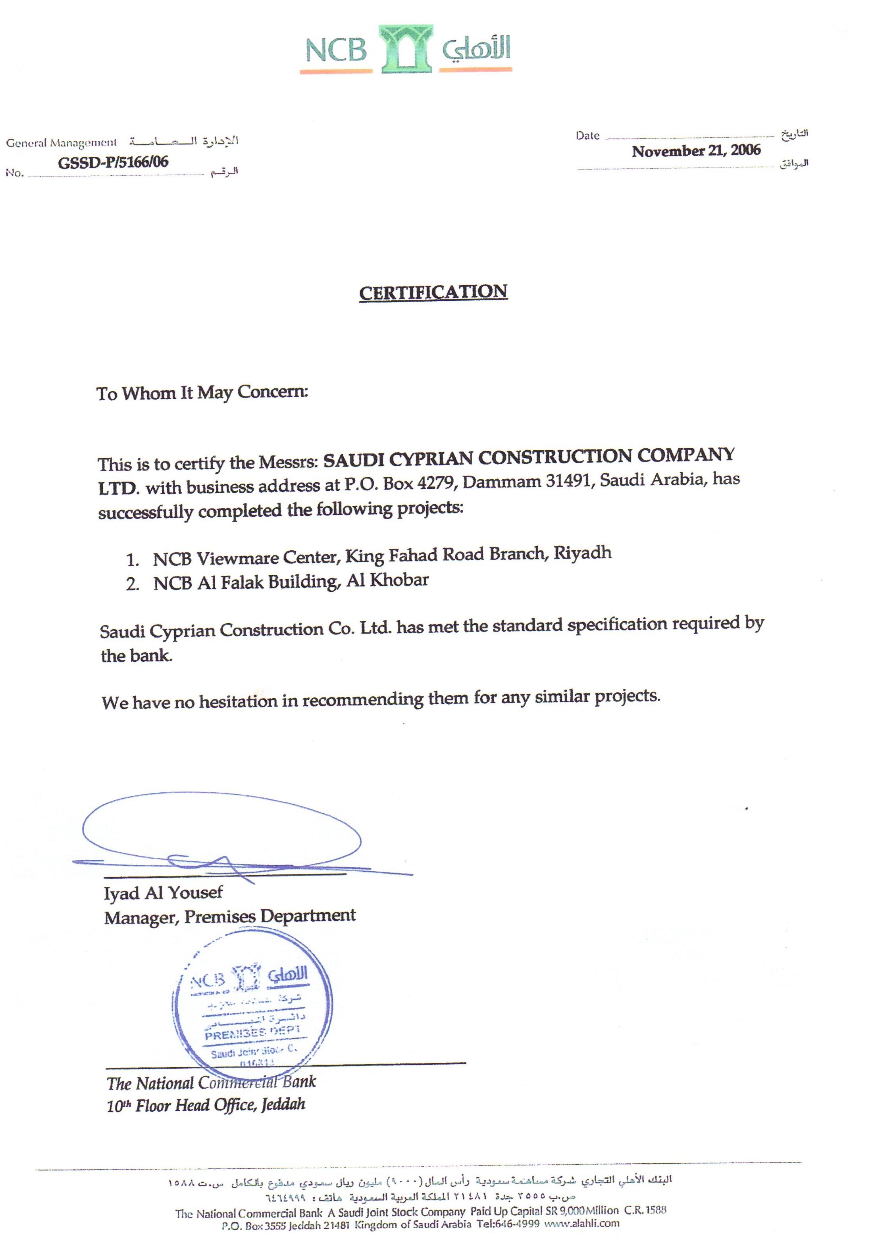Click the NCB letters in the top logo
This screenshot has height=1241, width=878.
(x=336, y=50)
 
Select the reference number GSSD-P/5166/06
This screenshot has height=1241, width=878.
(x=113, y=161)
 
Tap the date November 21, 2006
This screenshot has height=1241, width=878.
(x=696, y=151)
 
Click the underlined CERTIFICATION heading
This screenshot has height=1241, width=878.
(x=433, y=292)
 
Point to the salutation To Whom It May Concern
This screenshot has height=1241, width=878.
(x=202, y=392)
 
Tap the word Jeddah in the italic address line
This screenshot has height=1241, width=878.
(x=283, y=1105)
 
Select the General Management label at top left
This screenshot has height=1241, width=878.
(x=61, y=143)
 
